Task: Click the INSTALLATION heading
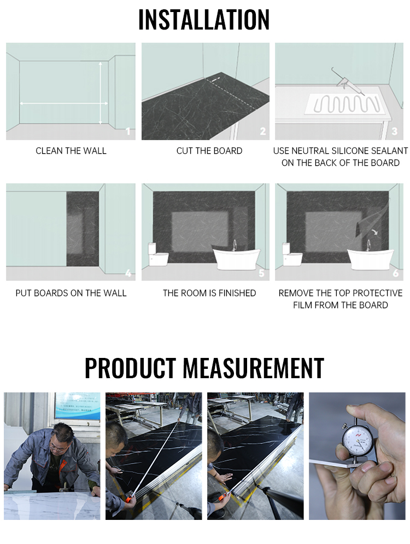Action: pos(204,20)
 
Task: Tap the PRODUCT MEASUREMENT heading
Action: pos(204,368)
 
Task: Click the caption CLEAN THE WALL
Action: pos(71,151)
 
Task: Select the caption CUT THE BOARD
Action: pos(209,151)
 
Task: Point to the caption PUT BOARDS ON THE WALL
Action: pos(71,293)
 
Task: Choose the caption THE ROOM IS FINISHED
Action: pos(209,293)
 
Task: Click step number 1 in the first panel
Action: pos(128,131)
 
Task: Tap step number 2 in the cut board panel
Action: pos(262,131)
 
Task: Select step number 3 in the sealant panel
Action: pos(395,131)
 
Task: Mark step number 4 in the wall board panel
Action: pos(128,273)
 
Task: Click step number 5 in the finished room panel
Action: pos(261,273)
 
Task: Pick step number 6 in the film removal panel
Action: pos(395,273)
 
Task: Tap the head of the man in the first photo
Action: pos(61,438)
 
